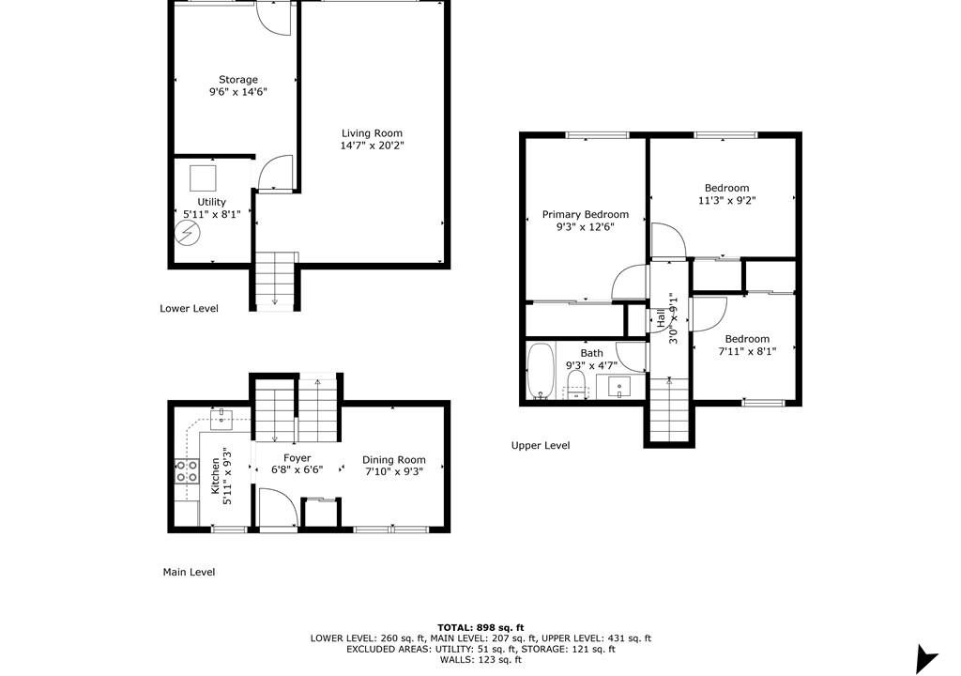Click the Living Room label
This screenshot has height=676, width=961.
(x=372, y=133)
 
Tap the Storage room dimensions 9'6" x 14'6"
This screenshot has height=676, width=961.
(x=238, y=92)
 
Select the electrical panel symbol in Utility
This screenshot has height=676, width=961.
(x=188, y=233)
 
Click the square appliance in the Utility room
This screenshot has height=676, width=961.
(x=203, y=177)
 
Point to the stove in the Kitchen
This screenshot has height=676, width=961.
(x=187, y=471)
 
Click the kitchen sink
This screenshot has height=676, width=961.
(x=221, y=421)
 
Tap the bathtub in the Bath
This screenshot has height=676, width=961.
(x=541, y=371)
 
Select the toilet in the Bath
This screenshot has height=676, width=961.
(x=576, y=385)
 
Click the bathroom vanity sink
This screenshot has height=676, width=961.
(x=619, y=387)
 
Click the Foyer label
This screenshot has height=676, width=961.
(x=297, y=457)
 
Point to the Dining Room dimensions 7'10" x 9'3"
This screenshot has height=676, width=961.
(x=394, y=471)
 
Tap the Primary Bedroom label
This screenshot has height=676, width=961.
(x=586, y=215)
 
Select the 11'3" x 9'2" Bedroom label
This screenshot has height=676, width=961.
(x=727, y=188)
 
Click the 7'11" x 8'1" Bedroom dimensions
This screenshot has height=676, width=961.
(x=747, y=351)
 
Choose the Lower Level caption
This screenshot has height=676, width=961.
(x=189, y=309)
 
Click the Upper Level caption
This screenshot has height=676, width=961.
(x=541, y=445)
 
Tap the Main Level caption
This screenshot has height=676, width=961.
(x=189, y=572)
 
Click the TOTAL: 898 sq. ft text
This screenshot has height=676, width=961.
(x=480, y=627)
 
